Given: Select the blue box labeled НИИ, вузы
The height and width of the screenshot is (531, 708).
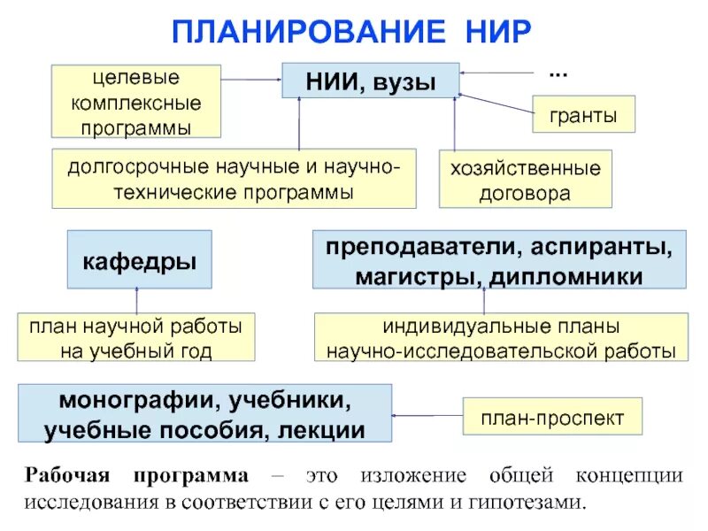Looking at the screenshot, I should pos(371,81).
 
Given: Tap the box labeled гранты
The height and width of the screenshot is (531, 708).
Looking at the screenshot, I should pos(583,116).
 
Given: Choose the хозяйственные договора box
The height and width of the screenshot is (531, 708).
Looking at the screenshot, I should pos(526,180).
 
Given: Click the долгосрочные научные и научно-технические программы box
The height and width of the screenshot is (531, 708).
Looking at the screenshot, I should pos(234,179).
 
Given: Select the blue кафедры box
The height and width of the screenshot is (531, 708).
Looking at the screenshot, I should pos(140,260).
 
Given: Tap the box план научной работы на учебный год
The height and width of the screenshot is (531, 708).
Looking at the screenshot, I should pos(136,337).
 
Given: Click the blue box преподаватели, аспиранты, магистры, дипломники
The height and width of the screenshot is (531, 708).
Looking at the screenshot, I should pos(499,260).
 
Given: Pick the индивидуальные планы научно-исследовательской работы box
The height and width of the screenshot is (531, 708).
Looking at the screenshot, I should pos(501,337).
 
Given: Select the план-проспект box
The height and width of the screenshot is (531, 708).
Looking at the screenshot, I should pos(552,416).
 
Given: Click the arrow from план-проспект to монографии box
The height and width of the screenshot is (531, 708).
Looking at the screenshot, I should pos(427,414).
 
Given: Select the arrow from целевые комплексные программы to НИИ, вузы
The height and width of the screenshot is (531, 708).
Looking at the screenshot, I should pos(250,80).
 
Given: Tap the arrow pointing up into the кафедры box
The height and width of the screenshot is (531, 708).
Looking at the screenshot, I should pos(136,300).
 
